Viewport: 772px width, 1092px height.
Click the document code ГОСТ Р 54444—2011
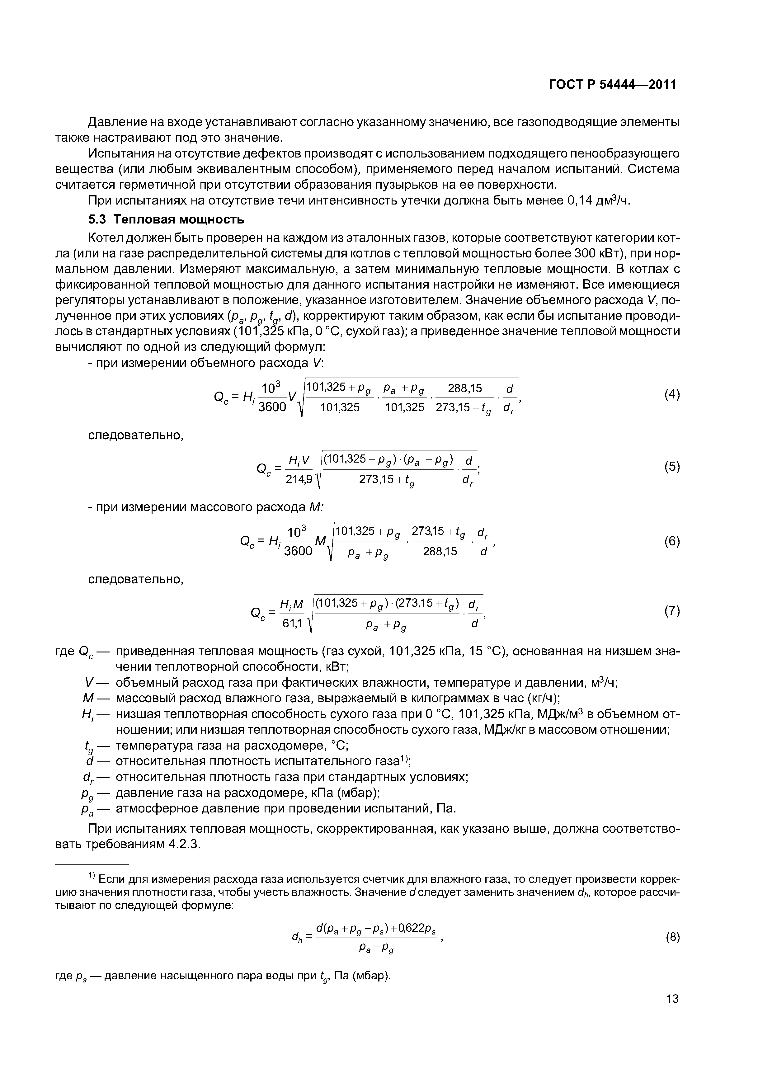pos(612,85)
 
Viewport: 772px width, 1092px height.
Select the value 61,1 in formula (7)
pos(293,624)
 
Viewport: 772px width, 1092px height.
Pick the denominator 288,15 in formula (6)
pos(440,552)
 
